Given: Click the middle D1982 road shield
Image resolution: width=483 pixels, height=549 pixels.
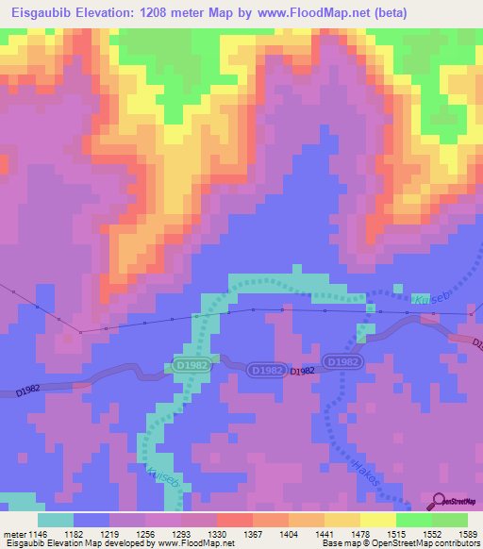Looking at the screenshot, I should (268, 371).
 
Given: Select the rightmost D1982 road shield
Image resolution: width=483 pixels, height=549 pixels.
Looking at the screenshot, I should (341, 362).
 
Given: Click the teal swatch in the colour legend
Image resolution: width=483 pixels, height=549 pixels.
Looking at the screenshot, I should (56, 520).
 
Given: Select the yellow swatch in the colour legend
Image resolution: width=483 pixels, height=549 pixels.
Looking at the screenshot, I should (377, 520).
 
